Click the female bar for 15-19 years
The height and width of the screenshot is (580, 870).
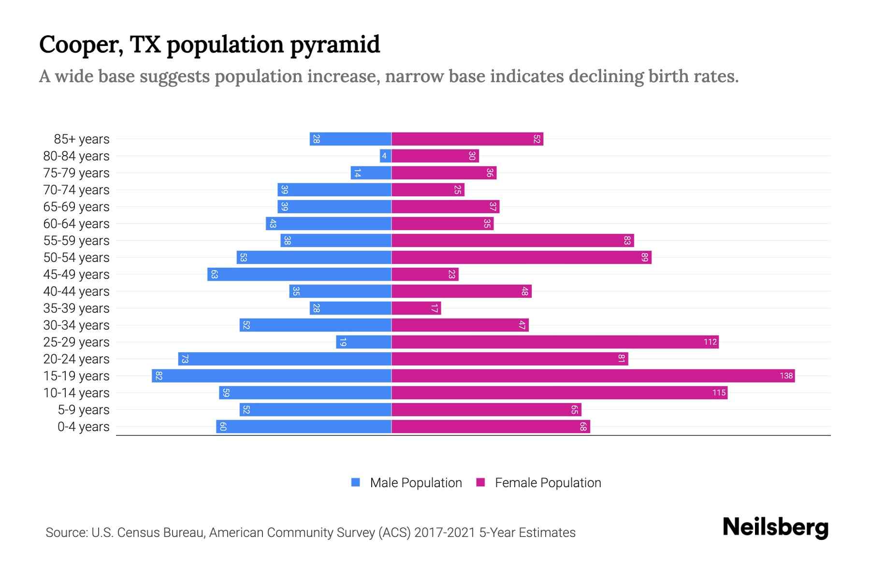click(x=593, y=376)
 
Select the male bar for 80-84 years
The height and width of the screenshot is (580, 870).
click(x=385, y=156)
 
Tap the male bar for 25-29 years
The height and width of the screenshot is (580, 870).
click(x=363, y=342)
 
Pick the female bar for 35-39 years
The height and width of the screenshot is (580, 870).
click(x=416, y=308)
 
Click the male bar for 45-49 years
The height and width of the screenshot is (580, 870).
click(x=299, y=275)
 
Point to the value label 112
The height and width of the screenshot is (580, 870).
click(x=710, y=342)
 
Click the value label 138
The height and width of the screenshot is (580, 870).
click(x=786, y=376)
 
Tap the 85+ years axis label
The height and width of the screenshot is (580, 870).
click(x=82, y=139)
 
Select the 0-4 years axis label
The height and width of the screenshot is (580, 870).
click(x=83, y=427)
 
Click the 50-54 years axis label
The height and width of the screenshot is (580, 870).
click(x=76, y=258)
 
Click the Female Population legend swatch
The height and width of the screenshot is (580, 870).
click(x=480, y=482)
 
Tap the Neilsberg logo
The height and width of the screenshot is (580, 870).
click(x=775, y=527)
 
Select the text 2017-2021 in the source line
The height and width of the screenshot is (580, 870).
click(x=445, y=533)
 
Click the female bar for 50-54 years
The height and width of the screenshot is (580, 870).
click(x=521, y=258)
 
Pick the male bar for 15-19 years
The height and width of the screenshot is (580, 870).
click(x=271, y=376)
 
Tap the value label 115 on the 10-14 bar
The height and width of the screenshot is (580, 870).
click(x=719, y=393)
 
